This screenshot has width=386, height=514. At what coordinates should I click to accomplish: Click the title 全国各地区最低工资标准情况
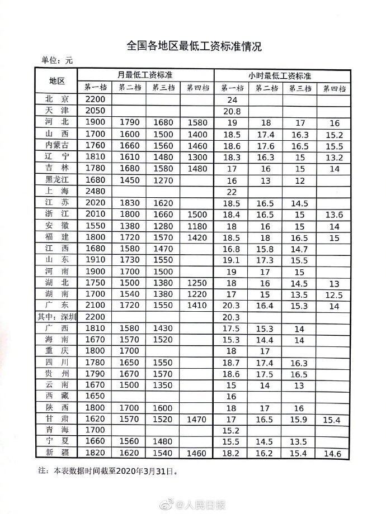(193, 45)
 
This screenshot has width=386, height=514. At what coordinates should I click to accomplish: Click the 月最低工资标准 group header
(145, 75)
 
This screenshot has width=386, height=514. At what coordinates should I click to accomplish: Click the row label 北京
(57, 99)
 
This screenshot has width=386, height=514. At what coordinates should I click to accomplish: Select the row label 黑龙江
(57, 179)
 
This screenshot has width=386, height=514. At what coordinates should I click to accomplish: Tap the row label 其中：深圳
(57, 316)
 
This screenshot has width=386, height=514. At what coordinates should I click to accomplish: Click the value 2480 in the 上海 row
(96, 191)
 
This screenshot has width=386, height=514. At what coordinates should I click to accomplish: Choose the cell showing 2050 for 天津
(96, 111)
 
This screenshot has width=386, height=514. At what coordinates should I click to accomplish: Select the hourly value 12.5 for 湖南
(334, 294)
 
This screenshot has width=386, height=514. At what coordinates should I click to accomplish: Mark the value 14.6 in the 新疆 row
(334, 454)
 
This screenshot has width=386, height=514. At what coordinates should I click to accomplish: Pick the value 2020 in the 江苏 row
(96, 202)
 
